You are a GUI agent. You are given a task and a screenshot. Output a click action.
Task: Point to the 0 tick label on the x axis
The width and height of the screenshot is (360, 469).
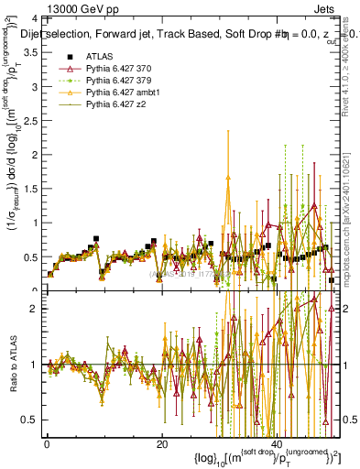pyautogui.click(x=47, y=444)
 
